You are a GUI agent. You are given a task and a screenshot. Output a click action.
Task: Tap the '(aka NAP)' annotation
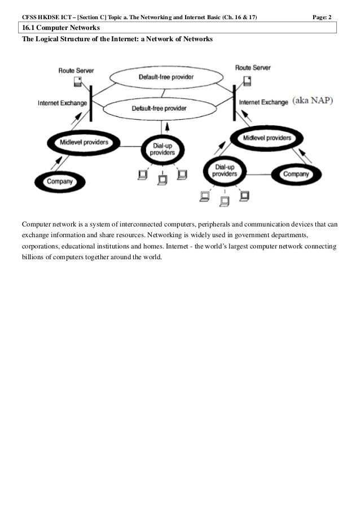pyautogui.click(x=313, y=102)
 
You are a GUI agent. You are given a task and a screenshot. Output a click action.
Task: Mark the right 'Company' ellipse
pyautogui.click(x=295, y=175)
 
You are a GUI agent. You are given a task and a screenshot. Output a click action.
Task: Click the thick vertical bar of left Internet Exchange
pyautogui.click(x=91, y=102)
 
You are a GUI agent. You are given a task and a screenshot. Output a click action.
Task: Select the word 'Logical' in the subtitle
pyautogui.click(x=51, y=40)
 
